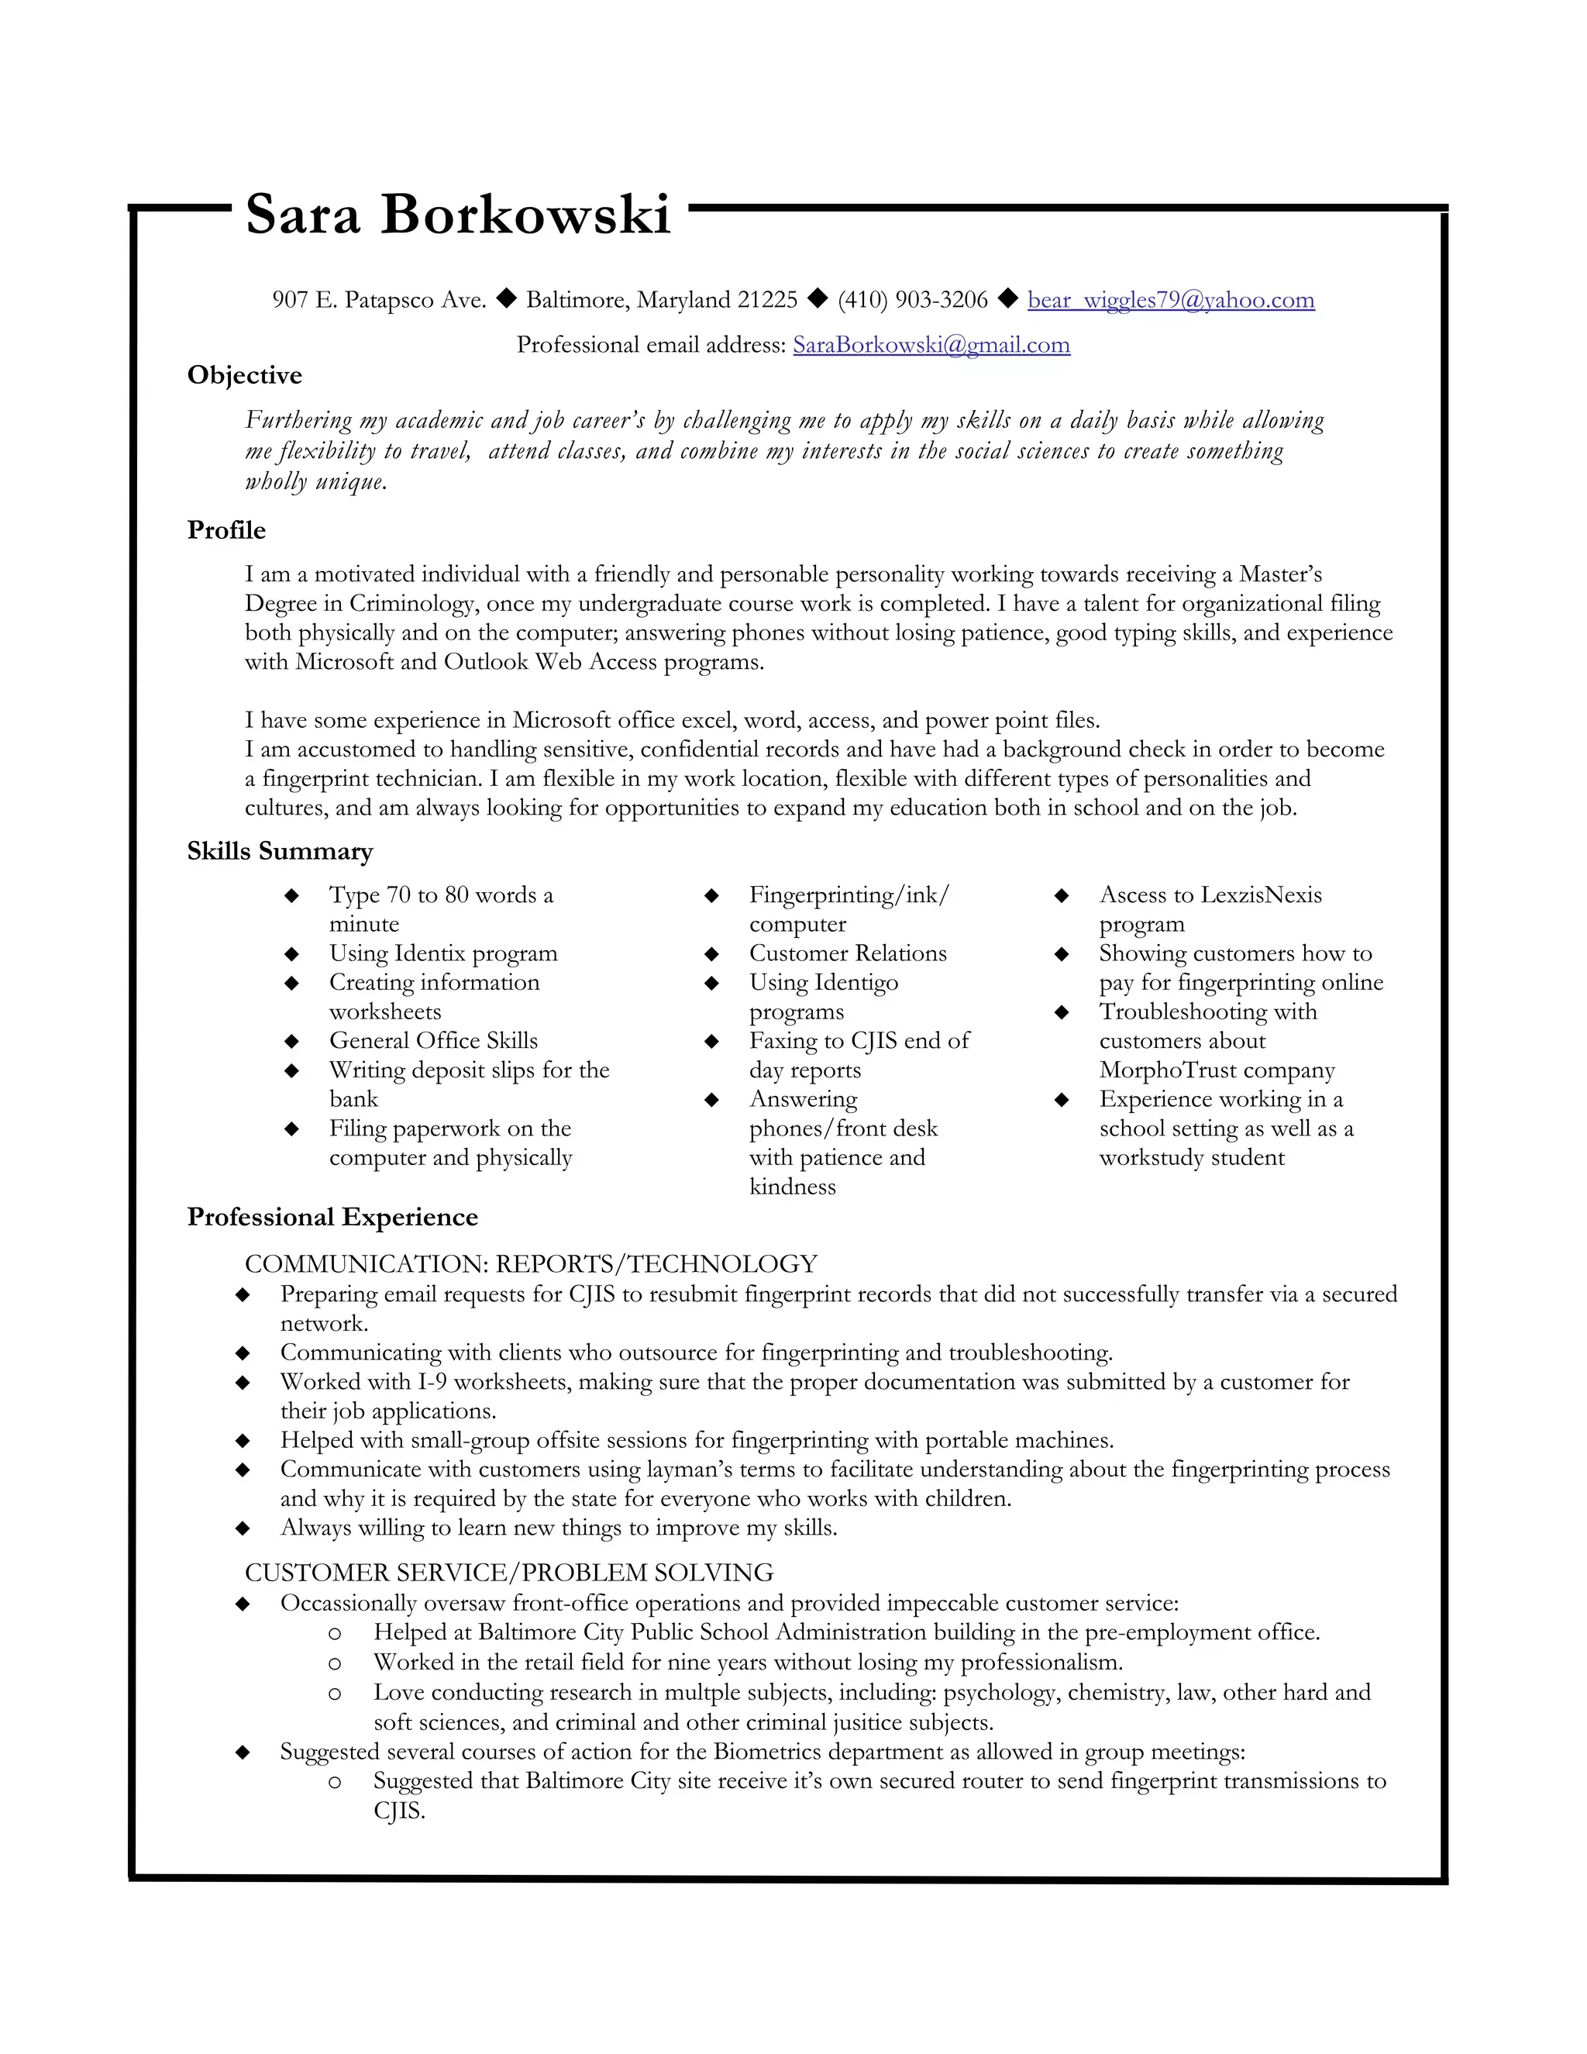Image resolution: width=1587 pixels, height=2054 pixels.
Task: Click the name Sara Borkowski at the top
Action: (x=458, y=215)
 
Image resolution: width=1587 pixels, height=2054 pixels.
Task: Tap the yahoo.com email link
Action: (x=1171, y=300)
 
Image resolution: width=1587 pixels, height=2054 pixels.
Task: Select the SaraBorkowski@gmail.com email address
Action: (x=931, y=345)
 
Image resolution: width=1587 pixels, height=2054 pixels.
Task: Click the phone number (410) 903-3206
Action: (x=912, y=300)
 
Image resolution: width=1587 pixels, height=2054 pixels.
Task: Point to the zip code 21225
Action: (x=767, y=300)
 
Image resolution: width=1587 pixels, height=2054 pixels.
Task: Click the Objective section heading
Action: (x=244, y=375)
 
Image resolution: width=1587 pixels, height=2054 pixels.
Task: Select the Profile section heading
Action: (x=225, y=530)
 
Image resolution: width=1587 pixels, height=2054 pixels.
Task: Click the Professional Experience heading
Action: (x=332, y=1217)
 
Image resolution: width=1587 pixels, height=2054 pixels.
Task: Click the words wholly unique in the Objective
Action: (x=316, y=482)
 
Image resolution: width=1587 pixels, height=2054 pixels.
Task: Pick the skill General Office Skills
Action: (x=433, y=1041)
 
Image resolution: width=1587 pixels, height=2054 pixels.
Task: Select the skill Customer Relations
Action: (x=847, y=953)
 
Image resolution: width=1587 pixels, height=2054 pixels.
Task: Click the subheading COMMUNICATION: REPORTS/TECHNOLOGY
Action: (x=530, y=1264)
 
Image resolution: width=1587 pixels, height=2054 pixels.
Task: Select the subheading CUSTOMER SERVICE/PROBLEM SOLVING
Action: (x=508, y=1573)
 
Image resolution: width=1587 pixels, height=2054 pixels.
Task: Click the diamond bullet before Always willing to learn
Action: (x=243, y=1528)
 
